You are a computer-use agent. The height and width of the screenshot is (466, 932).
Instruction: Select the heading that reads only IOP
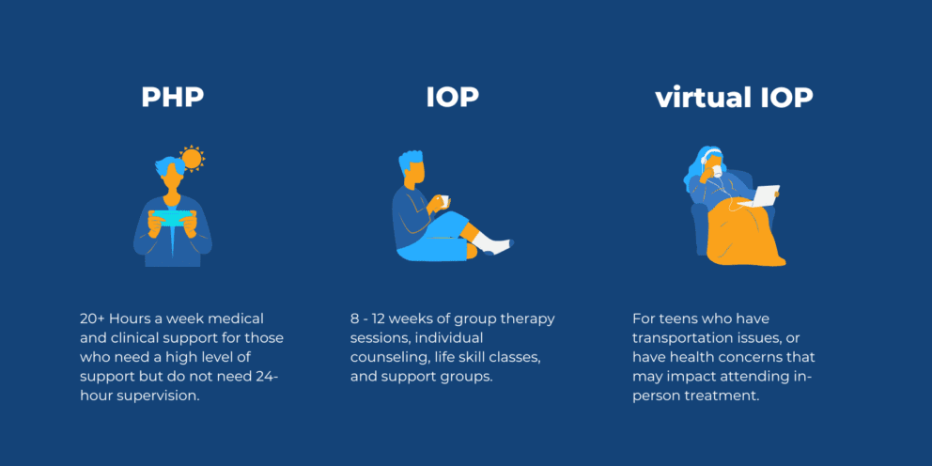click(x=453, y=97)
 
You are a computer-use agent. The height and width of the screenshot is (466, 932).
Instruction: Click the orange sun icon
click(x=192, y=158)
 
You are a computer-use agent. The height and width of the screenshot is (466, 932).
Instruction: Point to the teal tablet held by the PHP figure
click(x=174, y=217)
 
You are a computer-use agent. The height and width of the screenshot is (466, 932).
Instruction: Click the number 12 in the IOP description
click(x=389, y=318)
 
